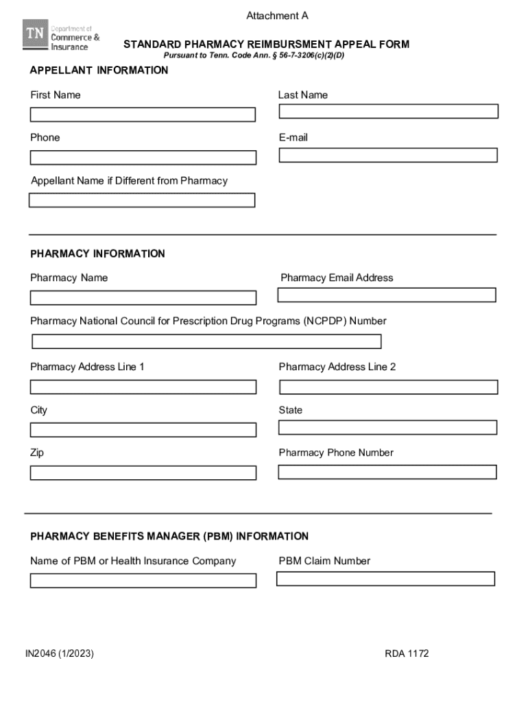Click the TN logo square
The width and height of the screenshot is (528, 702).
tap(35, 34)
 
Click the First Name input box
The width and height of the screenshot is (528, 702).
tap(143, 114)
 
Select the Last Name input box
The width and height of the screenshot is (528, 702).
tap(388, 111)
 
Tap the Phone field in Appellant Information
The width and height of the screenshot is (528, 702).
tap(143, 158)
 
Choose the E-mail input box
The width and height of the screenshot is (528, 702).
tap(388, 155)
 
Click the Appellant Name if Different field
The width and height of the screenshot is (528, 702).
tap(142, 200)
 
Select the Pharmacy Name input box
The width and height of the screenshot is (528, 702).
tap(143, 298)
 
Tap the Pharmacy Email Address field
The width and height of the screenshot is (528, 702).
tap(387, 295)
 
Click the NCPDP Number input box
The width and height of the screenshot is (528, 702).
tap(206, 341)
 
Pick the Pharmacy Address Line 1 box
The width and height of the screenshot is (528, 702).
tap(143, 387)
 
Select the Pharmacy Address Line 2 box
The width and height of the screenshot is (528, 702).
tap(388, 387)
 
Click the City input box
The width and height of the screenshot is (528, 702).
tap(143, 430)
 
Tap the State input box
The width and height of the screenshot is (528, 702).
tap(387, 427)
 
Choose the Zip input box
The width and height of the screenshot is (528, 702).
tap(143, 472)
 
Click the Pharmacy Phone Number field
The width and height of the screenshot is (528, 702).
tap(387, 472)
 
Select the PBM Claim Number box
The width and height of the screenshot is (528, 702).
tap(385, 579)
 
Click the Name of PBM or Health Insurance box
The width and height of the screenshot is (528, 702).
tap(143, 581)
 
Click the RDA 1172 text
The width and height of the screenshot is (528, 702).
tap(407, 653)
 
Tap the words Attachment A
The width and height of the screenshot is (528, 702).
tap(272, 16)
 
